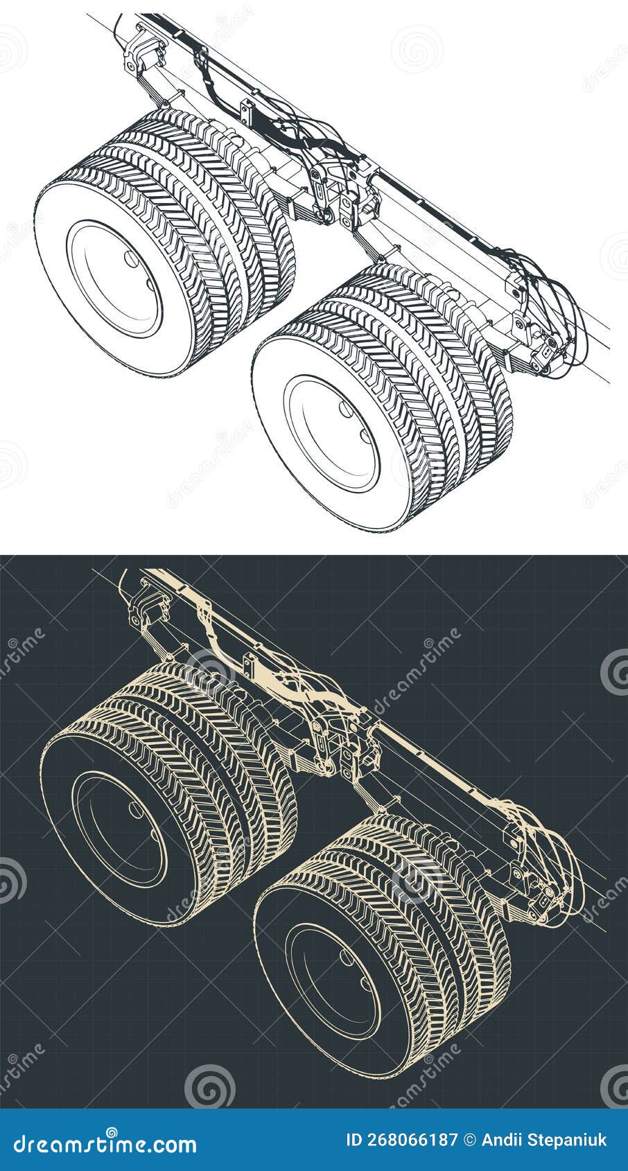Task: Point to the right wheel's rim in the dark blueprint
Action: click(x=333, y=981)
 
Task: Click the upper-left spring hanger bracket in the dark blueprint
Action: click(x=149, y=603)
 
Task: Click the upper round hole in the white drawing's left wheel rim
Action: click(x=130, y=258)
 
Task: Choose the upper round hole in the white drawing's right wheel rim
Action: click(x=345, y=409)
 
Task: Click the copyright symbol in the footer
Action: click(x=469, y=1141)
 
